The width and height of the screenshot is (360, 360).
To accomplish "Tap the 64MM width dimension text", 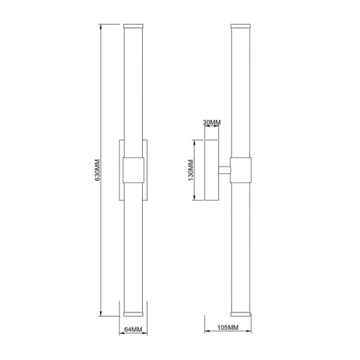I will click(133, 329).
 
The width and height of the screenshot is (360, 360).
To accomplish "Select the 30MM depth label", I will click(212, 123).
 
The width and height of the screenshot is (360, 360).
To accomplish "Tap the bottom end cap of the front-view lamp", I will click(133, 313).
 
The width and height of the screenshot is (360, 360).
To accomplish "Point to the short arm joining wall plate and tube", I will click(226, 170).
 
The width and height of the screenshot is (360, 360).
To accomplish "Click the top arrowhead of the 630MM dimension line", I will click(101, 27).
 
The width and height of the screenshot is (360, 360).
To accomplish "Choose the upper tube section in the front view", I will click(133, 90).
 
